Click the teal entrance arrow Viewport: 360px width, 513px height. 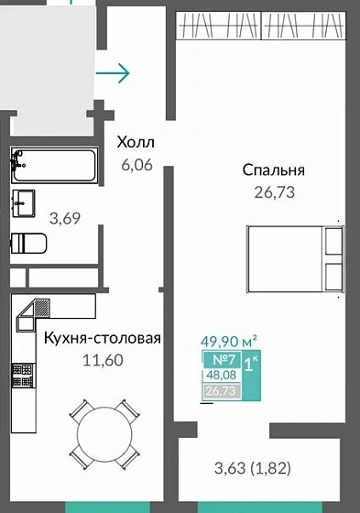115,71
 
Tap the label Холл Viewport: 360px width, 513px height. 135,143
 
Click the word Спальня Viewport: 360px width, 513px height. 273,169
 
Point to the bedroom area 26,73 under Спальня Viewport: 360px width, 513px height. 273,192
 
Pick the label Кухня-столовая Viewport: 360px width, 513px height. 103,338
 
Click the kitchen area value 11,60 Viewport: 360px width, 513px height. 103,360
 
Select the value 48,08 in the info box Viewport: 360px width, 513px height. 220,376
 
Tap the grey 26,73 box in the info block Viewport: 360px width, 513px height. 220,392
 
